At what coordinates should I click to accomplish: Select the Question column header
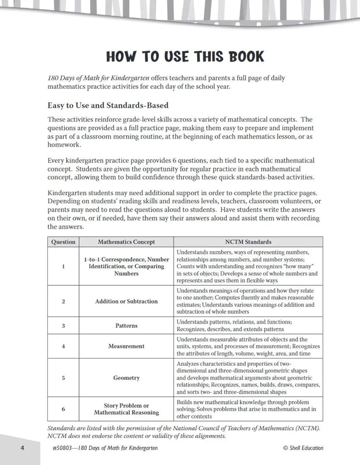(x=63, y=241)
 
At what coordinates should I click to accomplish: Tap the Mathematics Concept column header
(x=126, y=241)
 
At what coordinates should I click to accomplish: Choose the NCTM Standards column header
(x=248, y=241)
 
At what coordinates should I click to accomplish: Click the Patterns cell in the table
(x=126, y=325)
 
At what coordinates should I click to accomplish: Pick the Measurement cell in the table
(x=126, y=346)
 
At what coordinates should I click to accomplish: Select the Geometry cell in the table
(x=126, y=378)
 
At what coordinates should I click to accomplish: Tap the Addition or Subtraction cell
(x=126, y=301)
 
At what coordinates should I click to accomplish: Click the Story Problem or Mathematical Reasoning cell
(x=126, y=409)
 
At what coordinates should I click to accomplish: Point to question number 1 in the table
(x=63, y=266)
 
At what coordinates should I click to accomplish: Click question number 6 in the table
(x=63, y=409)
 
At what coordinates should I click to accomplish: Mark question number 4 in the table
(x=63, y=346)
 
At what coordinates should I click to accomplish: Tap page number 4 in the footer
(x=23, y=448)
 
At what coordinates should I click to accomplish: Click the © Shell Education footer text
(x=303, y=448)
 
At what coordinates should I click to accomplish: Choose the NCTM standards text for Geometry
(x=248, y=378)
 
